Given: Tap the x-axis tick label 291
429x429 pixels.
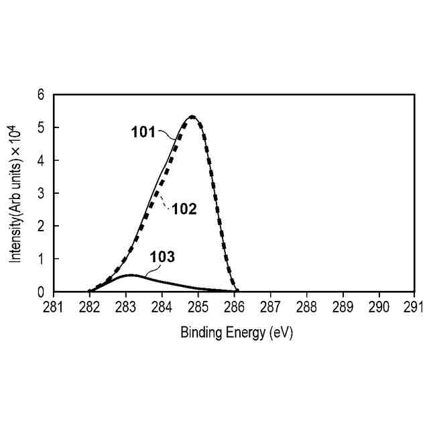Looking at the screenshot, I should coord(414,306).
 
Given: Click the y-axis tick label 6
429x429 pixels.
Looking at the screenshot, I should coord(41,95).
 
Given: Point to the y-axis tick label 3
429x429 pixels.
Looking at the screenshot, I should coord(41,194).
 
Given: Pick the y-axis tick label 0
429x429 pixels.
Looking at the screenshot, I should coord(41,292).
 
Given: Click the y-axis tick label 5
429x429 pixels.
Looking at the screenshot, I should coord(41,128).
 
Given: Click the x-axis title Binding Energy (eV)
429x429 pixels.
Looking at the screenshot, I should coord(237,332).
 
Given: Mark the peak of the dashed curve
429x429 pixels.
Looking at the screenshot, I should coord(192,117).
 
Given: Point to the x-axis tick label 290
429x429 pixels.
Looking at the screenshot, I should coord(379,306).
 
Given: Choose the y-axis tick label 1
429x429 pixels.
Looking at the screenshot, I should coord(41,259).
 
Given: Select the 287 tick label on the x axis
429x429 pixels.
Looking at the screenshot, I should coord(270,306).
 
